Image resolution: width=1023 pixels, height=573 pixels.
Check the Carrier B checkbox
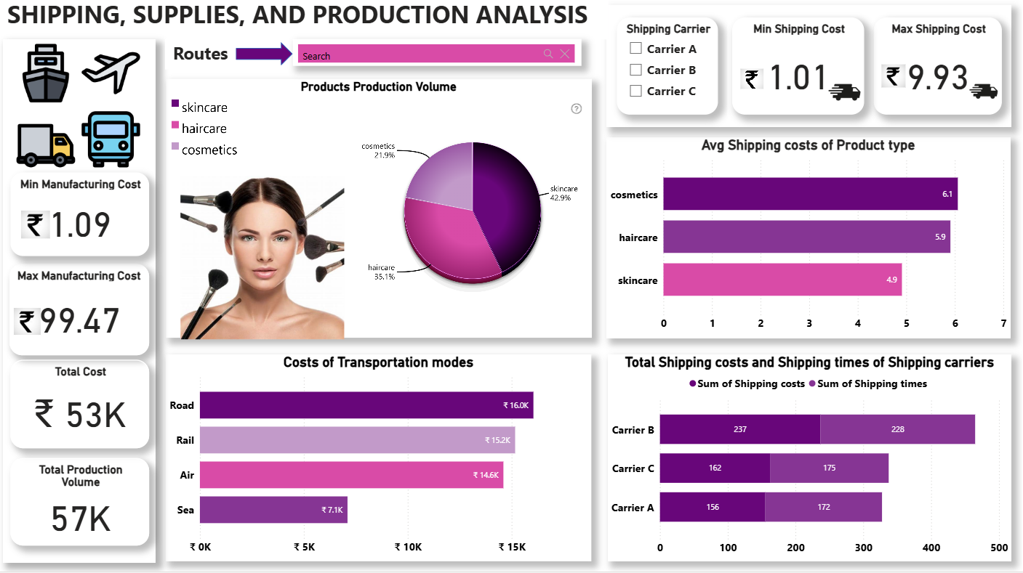[x=635, y=70]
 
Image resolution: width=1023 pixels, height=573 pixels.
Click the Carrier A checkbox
[x=635, y=49]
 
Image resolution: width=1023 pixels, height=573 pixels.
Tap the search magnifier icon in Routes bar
[x=548, y=54]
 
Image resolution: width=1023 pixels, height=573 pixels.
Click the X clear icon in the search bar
[x=565, y=54]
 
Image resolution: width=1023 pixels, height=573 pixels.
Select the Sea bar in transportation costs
[x=273, y=510]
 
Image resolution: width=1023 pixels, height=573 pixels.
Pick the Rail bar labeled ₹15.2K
[x=357, y=440]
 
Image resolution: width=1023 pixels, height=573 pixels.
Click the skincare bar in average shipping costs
[x=782, y=280]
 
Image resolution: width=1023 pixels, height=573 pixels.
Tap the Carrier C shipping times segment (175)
[x=829, y=468]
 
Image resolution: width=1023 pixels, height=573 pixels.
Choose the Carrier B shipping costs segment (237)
[x=740, y=429]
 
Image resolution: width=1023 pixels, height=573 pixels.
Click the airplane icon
[x=111, y=72]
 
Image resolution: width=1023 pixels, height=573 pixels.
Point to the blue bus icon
[x=111, y=139]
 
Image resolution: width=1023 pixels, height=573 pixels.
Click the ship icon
[x=45, y=73]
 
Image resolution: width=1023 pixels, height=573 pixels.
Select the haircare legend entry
[x=199, y=129]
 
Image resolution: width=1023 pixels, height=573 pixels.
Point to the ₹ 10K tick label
[x=409, y=547]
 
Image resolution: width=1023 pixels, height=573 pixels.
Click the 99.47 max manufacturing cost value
[x=80, y=321]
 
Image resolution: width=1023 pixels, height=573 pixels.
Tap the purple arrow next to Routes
[x=263, y=54]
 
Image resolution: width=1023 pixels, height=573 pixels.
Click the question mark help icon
[x=577, y=109]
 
